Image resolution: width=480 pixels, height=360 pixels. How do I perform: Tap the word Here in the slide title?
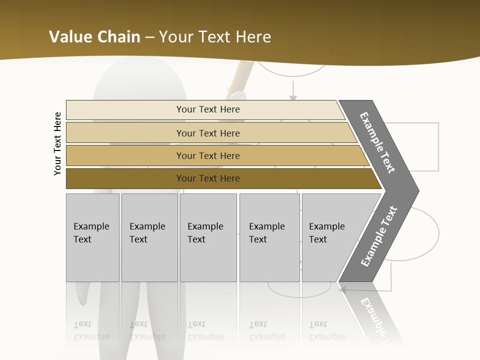[253, 36]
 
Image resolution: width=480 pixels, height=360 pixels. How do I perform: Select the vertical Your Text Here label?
[58, 143]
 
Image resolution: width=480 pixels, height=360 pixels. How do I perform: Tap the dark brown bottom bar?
[125, 178]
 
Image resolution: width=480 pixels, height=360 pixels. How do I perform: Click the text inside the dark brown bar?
[208, 178]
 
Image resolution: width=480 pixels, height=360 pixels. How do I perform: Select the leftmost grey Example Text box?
[92, 237]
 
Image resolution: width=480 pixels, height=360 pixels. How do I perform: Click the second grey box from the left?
[149, 237]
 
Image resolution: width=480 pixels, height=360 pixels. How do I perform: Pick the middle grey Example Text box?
[208, 237]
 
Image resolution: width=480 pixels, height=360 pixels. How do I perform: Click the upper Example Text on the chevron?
[377, 142]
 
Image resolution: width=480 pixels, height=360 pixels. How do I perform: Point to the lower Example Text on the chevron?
[379, 236]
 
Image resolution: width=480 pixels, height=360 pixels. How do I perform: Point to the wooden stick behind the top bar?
[240, 80]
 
